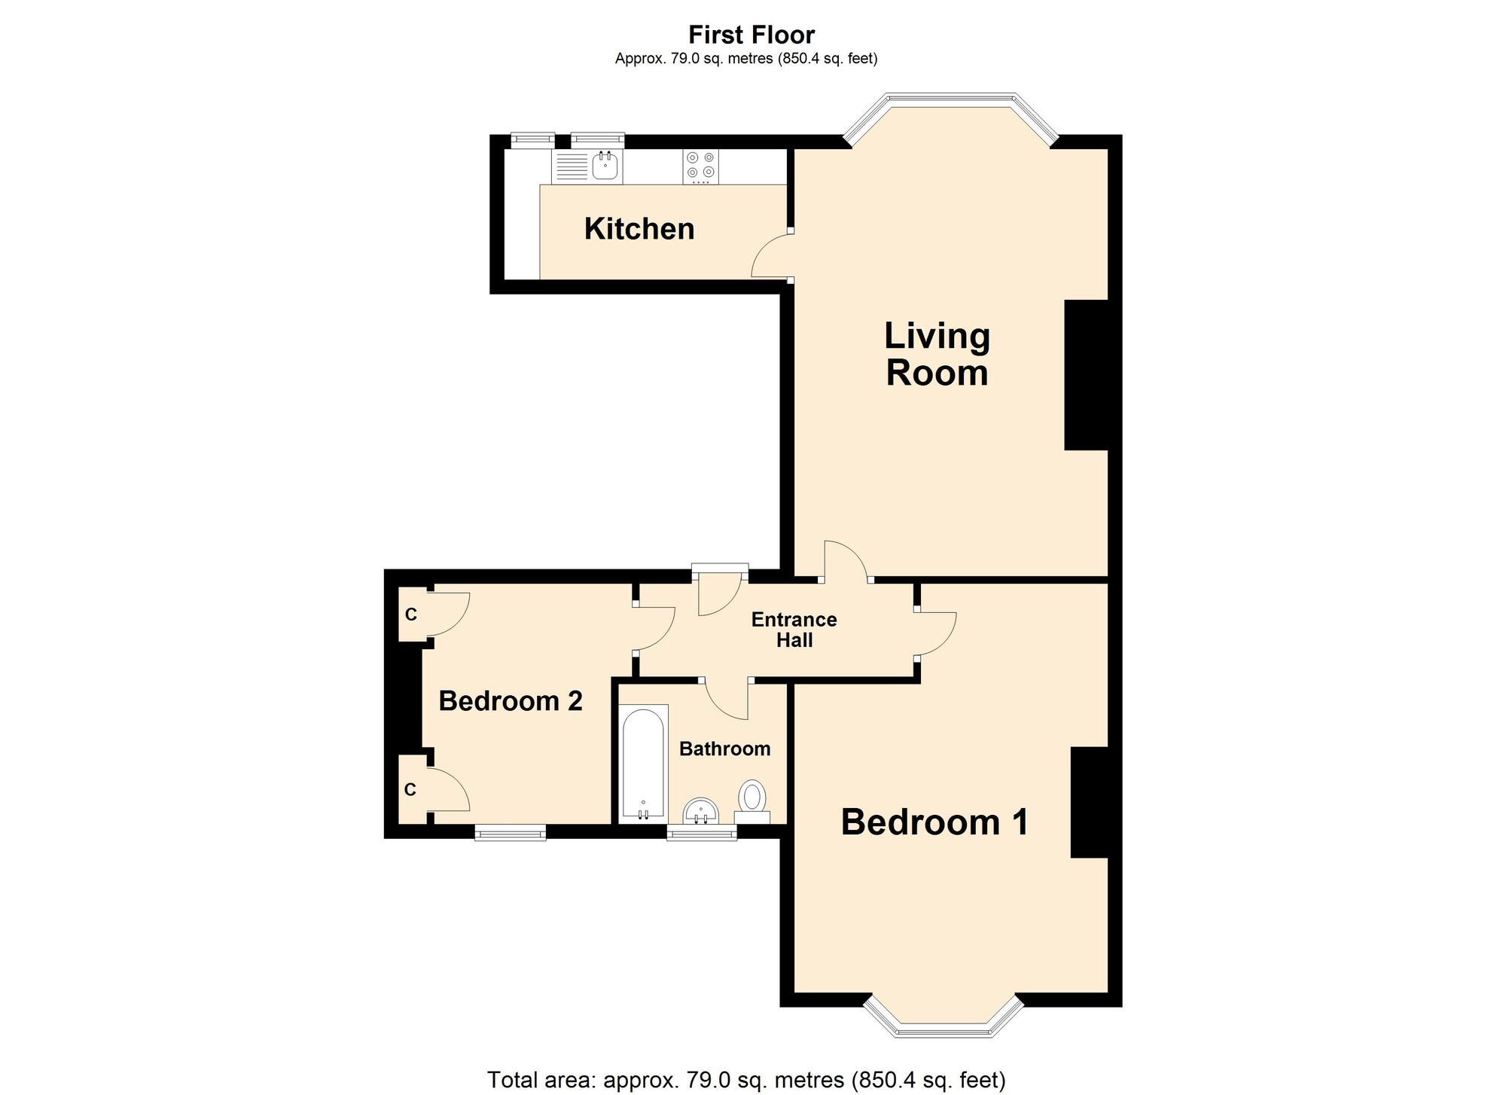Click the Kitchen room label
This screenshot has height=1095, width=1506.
click(639, 229)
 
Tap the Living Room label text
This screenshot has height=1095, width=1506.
click(937, 354)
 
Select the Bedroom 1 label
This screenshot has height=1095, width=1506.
click(934, 822)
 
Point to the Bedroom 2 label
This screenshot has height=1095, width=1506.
click(511, 701)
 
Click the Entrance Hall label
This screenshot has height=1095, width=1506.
click(794, 630)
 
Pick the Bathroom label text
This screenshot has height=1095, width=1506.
click(724, 749)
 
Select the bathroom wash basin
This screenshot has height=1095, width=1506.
click(701, 813)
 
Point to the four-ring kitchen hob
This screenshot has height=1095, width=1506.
click(700, 166)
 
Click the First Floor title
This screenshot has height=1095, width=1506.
click(751, 35)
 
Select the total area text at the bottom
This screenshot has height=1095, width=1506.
click(746, 1080)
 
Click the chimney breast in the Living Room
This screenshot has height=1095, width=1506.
click(1086, 375)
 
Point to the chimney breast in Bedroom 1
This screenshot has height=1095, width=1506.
click(1089, 802)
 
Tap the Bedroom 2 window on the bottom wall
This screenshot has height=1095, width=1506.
click(511, 831)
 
